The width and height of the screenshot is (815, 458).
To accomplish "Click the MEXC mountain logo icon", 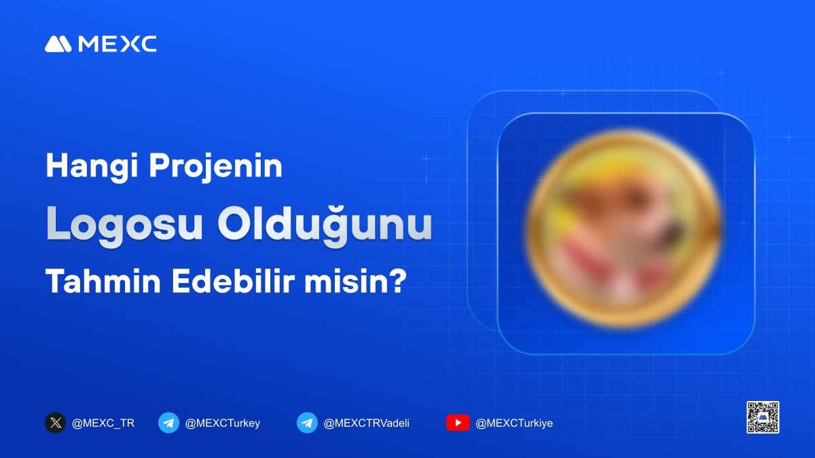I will [x=58, y=44].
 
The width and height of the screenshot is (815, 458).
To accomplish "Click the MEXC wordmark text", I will [x=117, y=44].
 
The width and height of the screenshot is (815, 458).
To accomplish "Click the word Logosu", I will [x=124, y=225].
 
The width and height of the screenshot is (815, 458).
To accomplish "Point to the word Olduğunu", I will [x=325, y=225].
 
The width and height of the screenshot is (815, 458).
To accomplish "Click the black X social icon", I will [x=55, y=423].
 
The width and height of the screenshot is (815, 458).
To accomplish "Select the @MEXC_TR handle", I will [x=103, y=423].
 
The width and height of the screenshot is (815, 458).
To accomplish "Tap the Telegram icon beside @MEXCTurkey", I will [x=168, y=423].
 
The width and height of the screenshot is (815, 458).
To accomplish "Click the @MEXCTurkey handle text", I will [x=222, y=423].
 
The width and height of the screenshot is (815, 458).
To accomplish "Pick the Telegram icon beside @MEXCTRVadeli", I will [x=307, y=423].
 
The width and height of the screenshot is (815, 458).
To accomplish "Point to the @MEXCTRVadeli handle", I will [x=367, y=423].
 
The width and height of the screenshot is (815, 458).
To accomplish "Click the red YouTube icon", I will [x=458, y=423].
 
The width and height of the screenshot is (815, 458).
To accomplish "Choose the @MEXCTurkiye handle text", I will [x=514, y=423].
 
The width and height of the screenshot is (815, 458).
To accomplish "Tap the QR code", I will [x=763, y=417].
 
